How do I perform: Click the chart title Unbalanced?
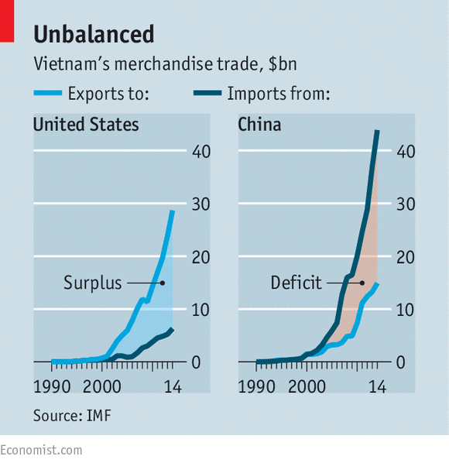click(x=94, y=34)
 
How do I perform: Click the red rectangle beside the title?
click(x=7, y=21)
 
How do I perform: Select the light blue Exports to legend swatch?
click(x=48, y=93)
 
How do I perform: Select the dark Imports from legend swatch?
click(x=207, y=93)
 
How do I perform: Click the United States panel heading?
click(x=86, y=125)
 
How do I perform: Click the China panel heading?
click(x=259, y=125)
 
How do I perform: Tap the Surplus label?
click(x=93, y=283)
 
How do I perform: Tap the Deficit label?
click(x=296, y=283)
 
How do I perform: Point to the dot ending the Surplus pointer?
click(x=163, y=283)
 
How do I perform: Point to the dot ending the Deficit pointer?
click(x=362, y=283)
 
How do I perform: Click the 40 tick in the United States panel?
click(x=201, y=152)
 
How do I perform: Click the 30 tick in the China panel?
click(x=406, y=204)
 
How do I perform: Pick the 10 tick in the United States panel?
click(x=201, y=310)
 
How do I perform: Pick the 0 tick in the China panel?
click(x=400, y=362)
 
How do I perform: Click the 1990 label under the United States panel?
click(x=52, y=386)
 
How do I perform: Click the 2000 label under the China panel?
click(x=307, y=386)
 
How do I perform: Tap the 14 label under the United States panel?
click(x=173, y=386)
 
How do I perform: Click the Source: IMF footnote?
click(x=72, y=416)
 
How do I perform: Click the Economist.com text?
click(x=41, y=451)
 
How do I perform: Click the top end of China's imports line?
click(x=377, y=131)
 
